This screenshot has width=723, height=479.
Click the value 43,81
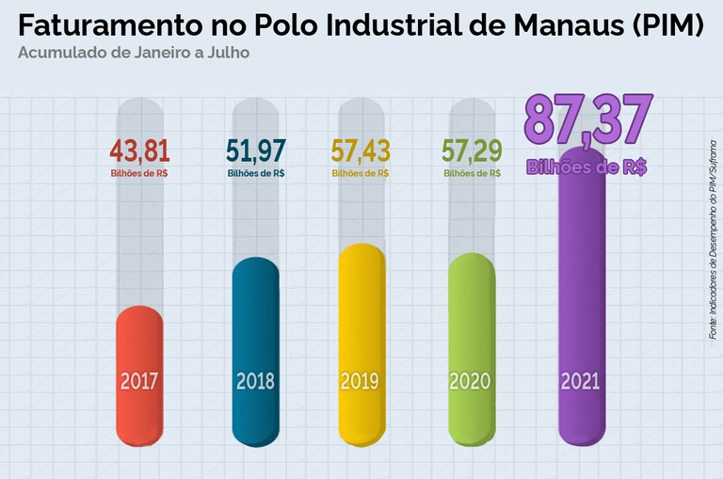click(x=139, y=150)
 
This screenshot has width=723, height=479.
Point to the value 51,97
click(x=256, y=150)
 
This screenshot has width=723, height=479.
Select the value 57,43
click(x=361, y=150)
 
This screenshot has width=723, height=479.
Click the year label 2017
click(x=139, y=382)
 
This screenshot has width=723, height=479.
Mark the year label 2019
click(x=360, y=382)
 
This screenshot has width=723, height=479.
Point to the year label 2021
click(x=580, y=382)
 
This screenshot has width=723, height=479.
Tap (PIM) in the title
click(x=666, y=24)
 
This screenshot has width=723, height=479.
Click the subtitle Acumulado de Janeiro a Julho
click(x=133, y=53)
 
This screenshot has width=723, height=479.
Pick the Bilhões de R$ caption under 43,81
click(x=139, y=173)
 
